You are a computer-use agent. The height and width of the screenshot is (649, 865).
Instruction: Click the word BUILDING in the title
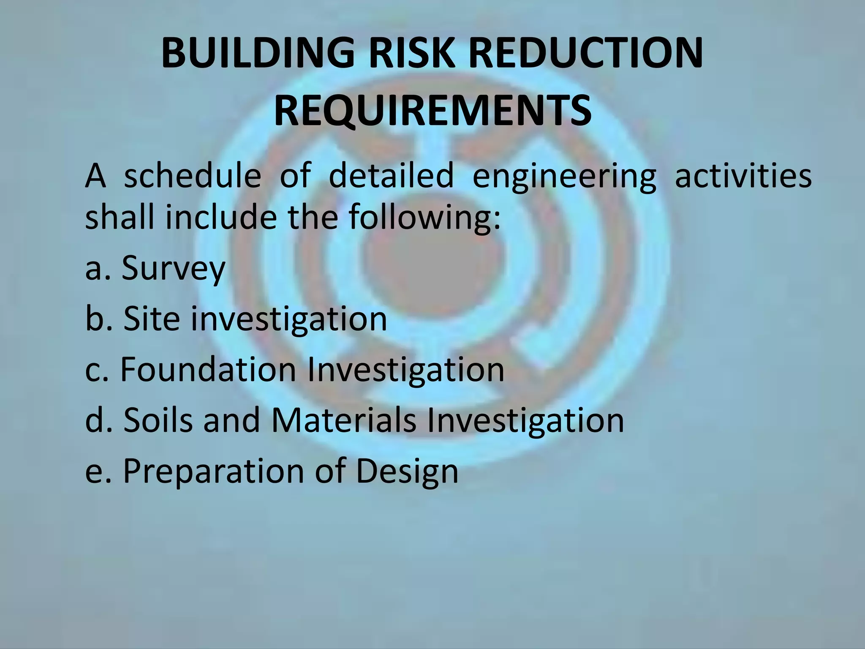258,52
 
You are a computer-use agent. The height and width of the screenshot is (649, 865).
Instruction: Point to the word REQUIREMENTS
432,111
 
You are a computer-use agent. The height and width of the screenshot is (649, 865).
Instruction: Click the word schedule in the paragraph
193,176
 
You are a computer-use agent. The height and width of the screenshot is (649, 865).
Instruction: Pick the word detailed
391,176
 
